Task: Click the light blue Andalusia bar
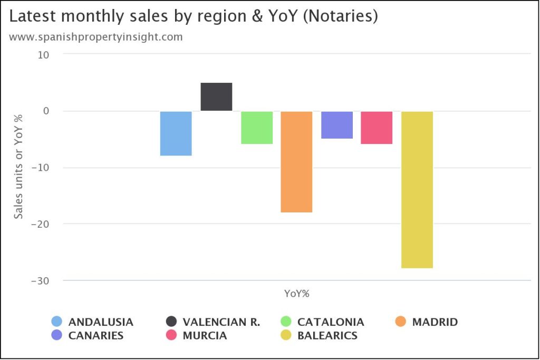point(176,133)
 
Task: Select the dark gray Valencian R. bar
point(216,97)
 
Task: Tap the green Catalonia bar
point(257,128)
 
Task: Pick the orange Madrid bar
point(296,162)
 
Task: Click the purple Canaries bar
point(337,125)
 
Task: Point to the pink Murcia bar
point(377,128)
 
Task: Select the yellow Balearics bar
point(417,190)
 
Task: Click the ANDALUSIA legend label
point(101,322)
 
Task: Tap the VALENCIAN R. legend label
point(221,322)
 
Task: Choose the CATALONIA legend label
point(331,322)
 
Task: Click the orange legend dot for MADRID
point(401,322)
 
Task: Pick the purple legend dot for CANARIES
point(57,335)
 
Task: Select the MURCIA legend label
point(205,336)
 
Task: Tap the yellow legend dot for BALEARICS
point(286,335)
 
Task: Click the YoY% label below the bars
point(296,294)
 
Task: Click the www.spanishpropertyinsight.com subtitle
point(96,37)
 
